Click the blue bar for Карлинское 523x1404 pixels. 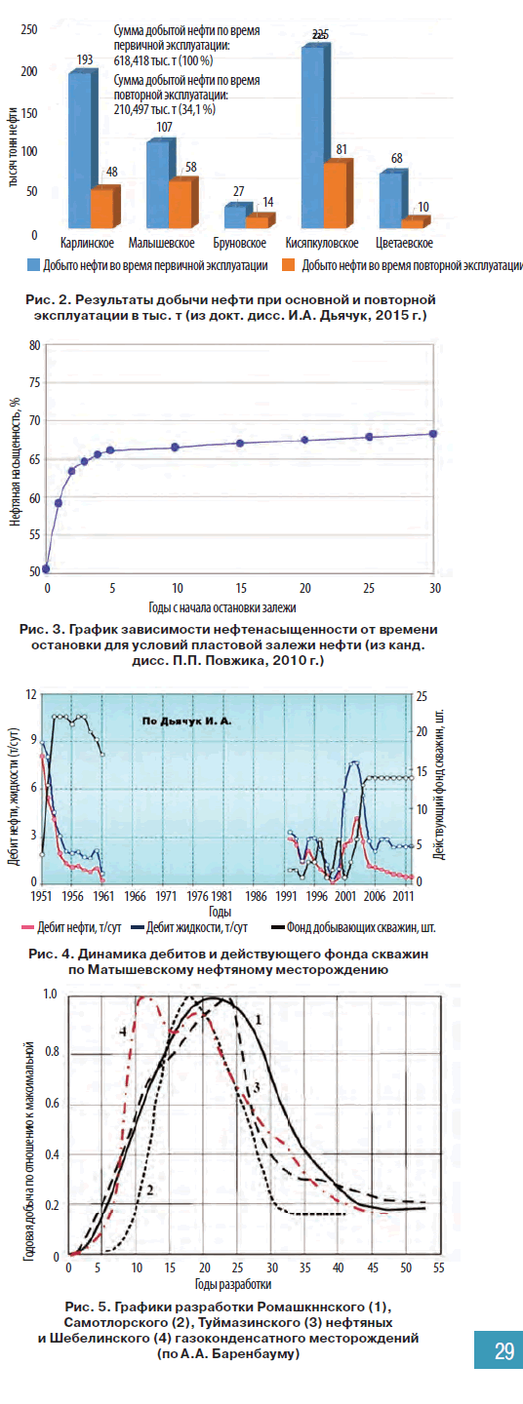(80, 149)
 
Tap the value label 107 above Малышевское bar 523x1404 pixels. (164, 127)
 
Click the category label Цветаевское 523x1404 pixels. (405, 243)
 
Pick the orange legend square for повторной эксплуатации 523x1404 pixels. (289, 265)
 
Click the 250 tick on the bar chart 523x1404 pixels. (29, 29)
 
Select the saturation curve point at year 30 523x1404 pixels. (433, 434)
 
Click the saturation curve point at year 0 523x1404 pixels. (46, 568)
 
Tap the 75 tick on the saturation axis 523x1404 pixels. (34, 383)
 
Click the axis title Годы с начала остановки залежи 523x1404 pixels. (222, 607)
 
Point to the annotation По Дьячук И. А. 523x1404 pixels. (187, 721)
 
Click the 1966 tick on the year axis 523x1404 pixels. (135, 896)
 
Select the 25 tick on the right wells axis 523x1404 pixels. (422, 696)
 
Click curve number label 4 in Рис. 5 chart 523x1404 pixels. (123, 1032)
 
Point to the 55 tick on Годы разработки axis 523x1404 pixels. (438, 1267)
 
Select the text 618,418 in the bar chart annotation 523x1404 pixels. (131, 60)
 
